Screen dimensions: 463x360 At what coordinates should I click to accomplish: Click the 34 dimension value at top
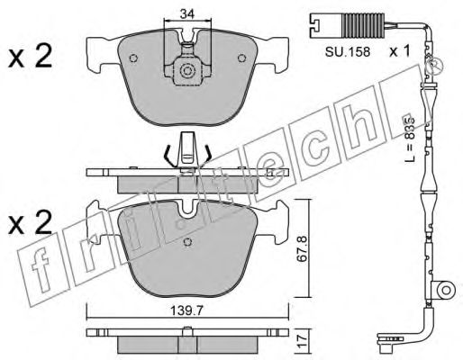pyautogui.click(x=187, y=13)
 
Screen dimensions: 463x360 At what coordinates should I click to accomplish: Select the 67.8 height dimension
pyautogui.click(x=303, y=248)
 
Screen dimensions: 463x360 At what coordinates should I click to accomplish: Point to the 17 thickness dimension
pyautogui.click(x=303, y=342)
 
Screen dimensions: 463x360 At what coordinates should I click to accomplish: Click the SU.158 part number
pyautogui.click(x=348, y=52)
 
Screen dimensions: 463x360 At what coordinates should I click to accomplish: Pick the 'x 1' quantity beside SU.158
pyautogui.click(x=400, y=51)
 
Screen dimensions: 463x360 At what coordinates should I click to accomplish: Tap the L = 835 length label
pyautogui.click(x=409, y=138)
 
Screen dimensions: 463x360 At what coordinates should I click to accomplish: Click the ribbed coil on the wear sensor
pyautogui.click(x=364, y=26)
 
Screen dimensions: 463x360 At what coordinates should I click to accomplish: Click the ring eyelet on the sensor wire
pyautogui.click(x=446, y=290)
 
